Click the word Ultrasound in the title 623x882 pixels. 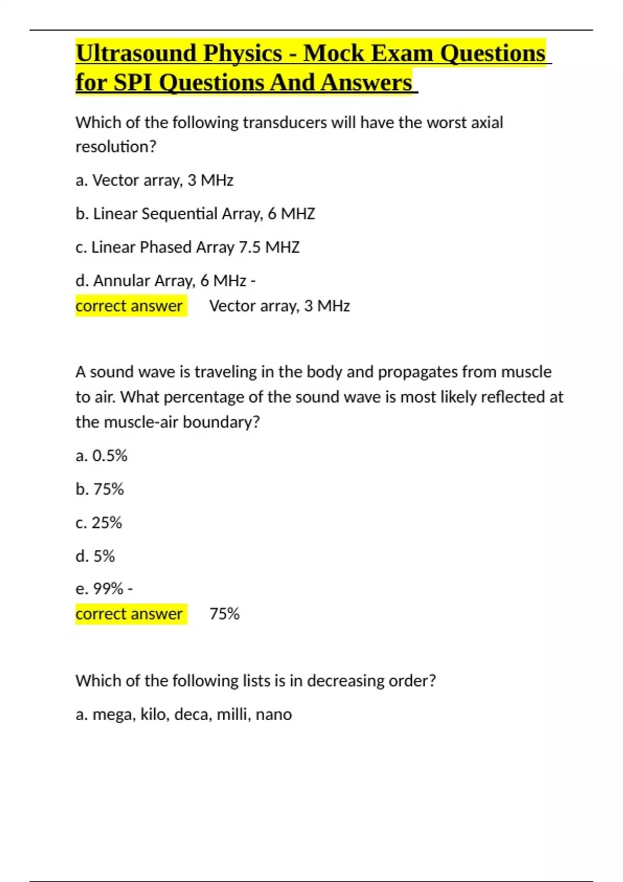[136, 54]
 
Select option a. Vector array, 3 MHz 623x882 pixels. [154, 180]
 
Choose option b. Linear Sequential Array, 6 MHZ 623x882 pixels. [195, 214]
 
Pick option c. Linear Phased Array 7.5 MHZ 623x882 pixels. [187, 247]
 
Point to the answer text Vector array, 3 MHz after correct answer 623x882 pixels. [279, 306]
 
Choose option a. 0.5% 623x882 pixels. [102, 456]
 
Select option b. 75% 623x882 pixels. [100, 489]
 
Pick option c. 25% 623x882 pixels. [99, 522]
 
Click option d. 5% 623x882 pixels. [95, 556]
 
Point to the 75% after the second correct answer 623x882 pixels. [224, 614]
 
